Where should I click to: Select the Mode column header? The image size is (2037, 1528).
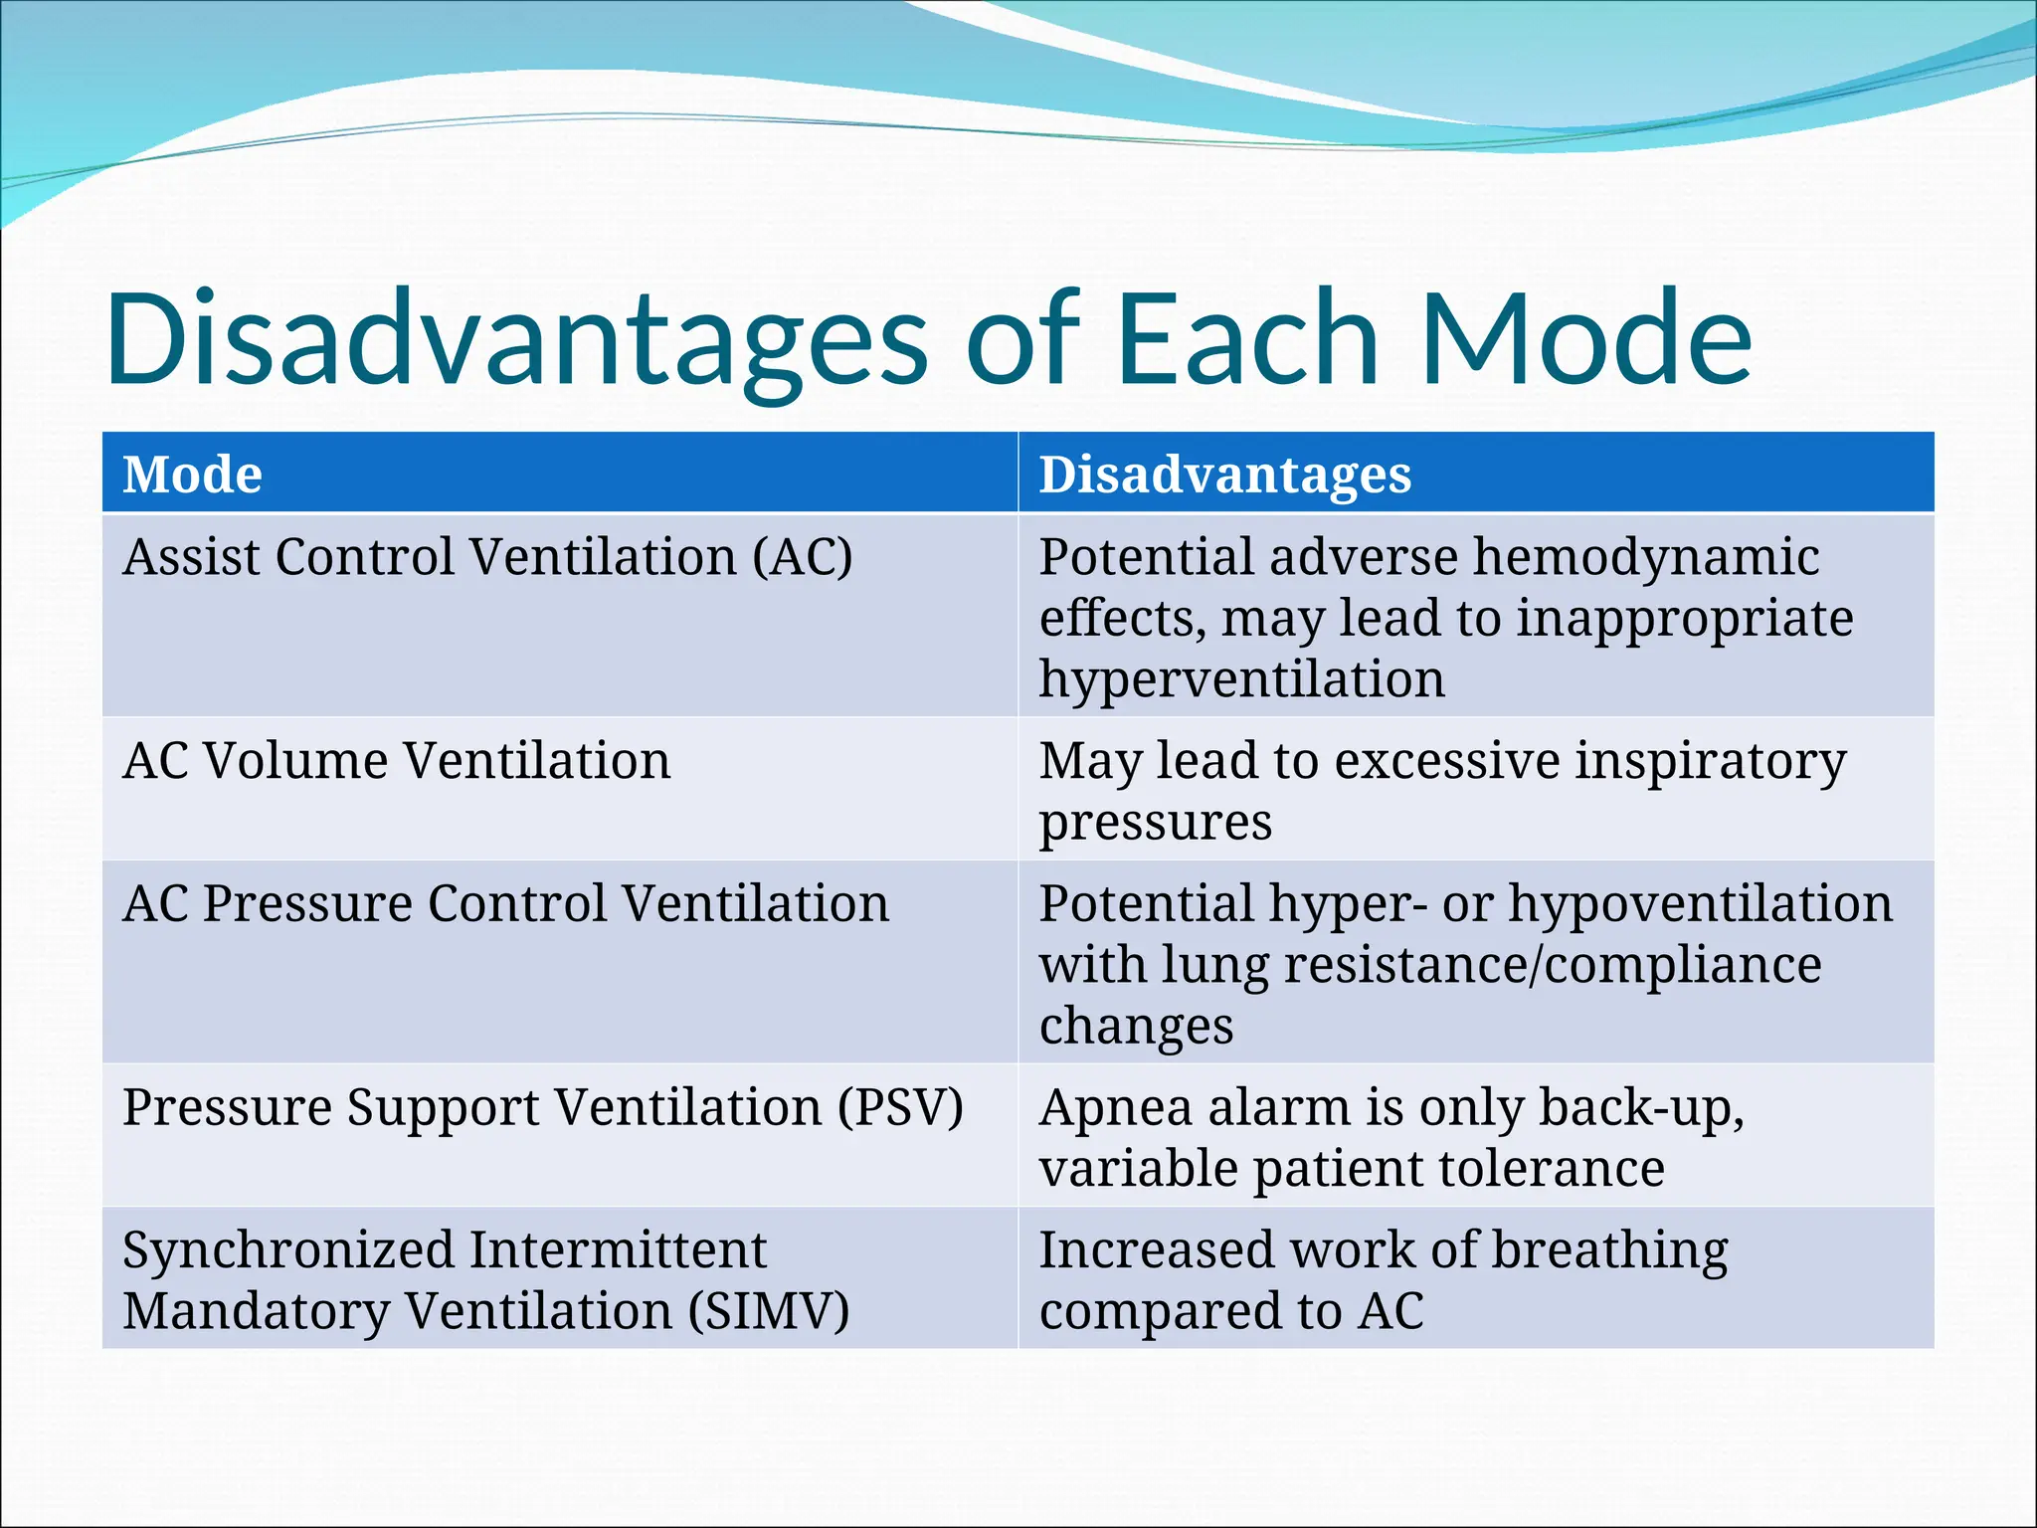[x=192, y=475]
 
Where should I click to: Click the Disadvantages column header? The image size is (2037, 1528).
[x=1224, y=475]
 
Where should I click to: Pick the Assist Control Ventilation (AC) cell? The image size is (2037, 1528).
[x=487, y=557]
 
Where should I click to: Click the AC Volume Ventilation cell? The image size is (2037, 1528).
[x=396, y=762]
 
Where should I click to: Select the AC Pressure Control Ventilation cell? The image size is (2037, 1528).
[x=505, y=904]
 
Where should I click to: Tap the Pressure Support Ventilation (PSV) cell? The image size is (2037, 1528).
[x=543, y=1107]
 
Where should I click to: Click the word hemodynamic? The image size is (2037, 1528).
[x=1646, y=557]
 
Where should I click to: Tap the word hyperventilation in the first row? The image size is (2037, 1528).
[x=1241, y=680]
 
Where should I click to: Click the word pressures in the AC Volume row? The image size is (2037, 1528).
[x=1155, y=823]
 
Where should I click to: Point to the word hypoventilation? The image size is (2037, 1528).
[x=1700, y=904]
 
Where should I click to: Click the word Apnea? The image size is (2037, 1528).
[x=1115, y=1107]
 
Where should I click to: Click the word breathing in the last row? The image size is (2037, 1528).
[x=1610, y=1250]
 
